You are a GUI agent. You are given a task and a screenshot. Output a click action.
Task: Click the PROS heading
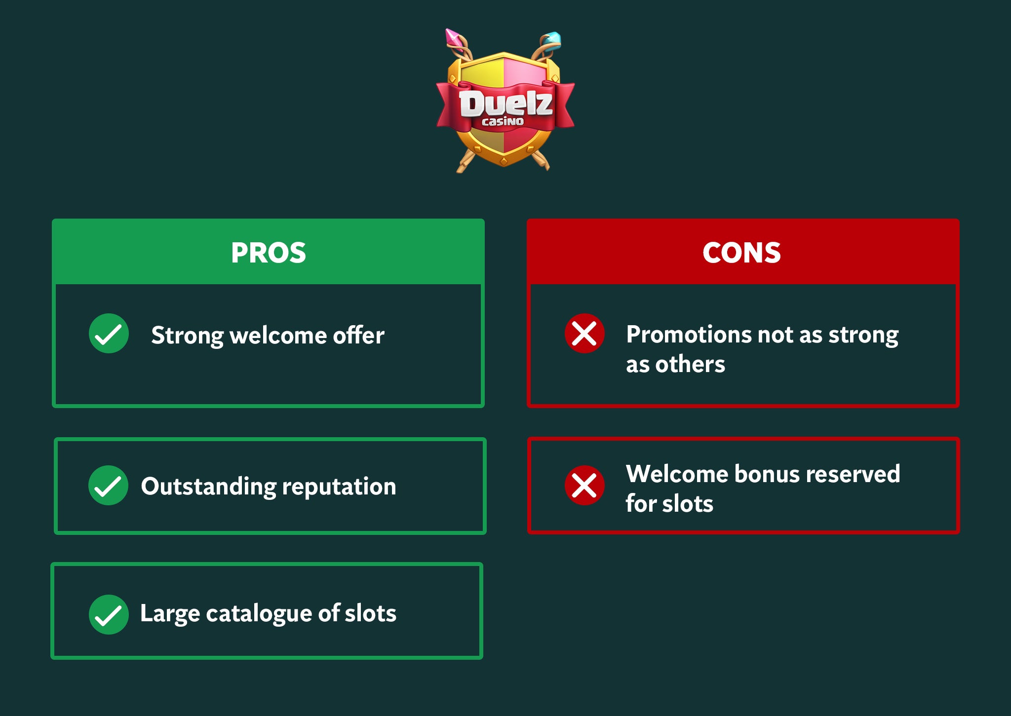pos(269,253)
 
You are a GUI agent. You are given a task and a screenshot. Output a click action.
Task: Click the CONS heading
pos(741,253)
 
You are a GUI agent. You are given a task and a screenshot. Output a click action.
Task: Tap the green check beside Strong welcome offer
pos(109,334)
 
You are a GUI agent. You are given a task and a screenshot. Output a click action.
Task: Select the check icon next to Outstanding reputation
pos(108,485)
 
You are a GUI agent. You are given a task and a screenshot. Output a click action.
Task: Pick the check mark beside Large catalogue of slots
pos(109,614)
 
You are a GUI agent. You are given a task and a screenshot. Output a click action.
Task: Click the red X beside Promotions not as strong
pos(584,334)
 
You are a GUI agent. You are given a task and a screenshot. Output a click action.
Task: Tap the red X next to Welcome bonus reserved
pos(584,485)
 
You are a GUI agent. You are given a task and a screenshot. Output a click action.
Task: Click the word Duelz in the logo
pos(505,103)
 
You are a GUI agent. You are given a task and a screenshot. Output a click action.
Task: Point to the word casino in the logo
pos(503,121)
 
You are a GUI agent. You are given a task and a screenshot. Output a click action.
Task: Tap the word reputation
pos(339,487)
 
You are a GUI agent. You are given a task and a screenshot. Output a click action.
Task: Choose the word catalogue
pos(259,614)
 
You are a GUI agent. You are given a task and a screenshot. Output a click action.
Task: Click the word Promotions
pos(689,335)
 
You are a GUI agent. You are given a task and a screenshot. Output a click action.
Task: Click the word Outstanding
pos(208,487)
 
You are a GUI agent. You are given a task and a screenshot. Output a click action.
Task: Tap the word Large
pos(170,614)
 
